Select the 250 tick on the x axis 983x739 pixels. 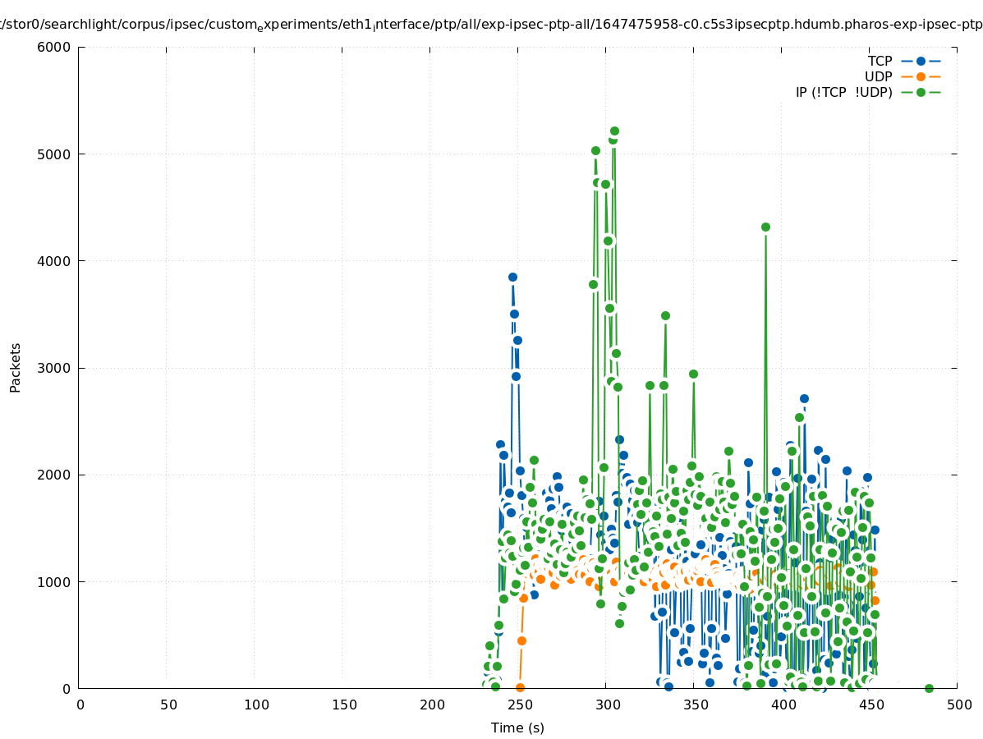point(519,705)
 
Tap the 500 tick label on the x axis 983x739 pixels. point(958,705)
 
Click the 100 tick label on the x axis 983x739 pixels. point(255,705)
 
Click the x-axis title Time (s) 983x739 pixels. point(517,728)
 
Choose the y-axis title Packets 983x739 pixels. point(16,368)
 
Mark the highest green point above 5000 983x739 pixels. point(614,131)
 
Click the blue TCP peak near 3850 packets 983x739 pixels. point(512,278)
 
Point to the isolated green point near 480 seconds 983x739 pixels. point(929,688)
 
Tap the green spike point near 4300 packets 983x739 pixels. point(765,227)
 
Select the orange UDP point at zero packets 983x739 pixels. point(520,687)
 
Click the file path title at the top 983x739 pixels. point(491,25)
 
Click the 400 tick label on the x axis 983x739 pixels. point(783,705)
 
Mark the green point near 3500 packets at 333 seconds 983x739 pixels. point(665,316)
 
